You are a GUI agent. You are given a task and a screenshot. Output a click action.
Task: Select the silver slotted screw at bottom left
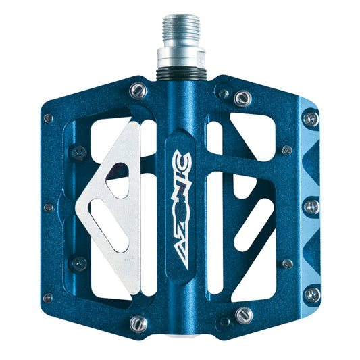(138, 324)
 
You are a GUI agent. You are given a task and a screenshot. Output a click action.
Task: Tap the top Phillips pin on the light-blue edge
(311, 120)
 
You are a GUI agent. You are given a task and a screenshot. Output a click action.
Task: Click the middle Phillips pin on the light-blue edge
(311, 207)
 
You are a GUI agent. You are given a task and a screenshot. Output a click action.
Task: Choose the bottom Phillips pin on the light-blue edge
(311, 294)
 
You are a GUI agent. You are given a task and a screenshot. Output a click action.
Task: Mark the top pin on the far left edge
(48, 118)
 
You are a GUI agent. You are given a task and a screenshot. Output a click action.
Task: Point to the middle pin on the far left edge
(48, 208)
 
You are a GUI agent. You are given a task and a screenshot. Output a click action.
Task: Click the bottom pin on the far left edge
(48, 297)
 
